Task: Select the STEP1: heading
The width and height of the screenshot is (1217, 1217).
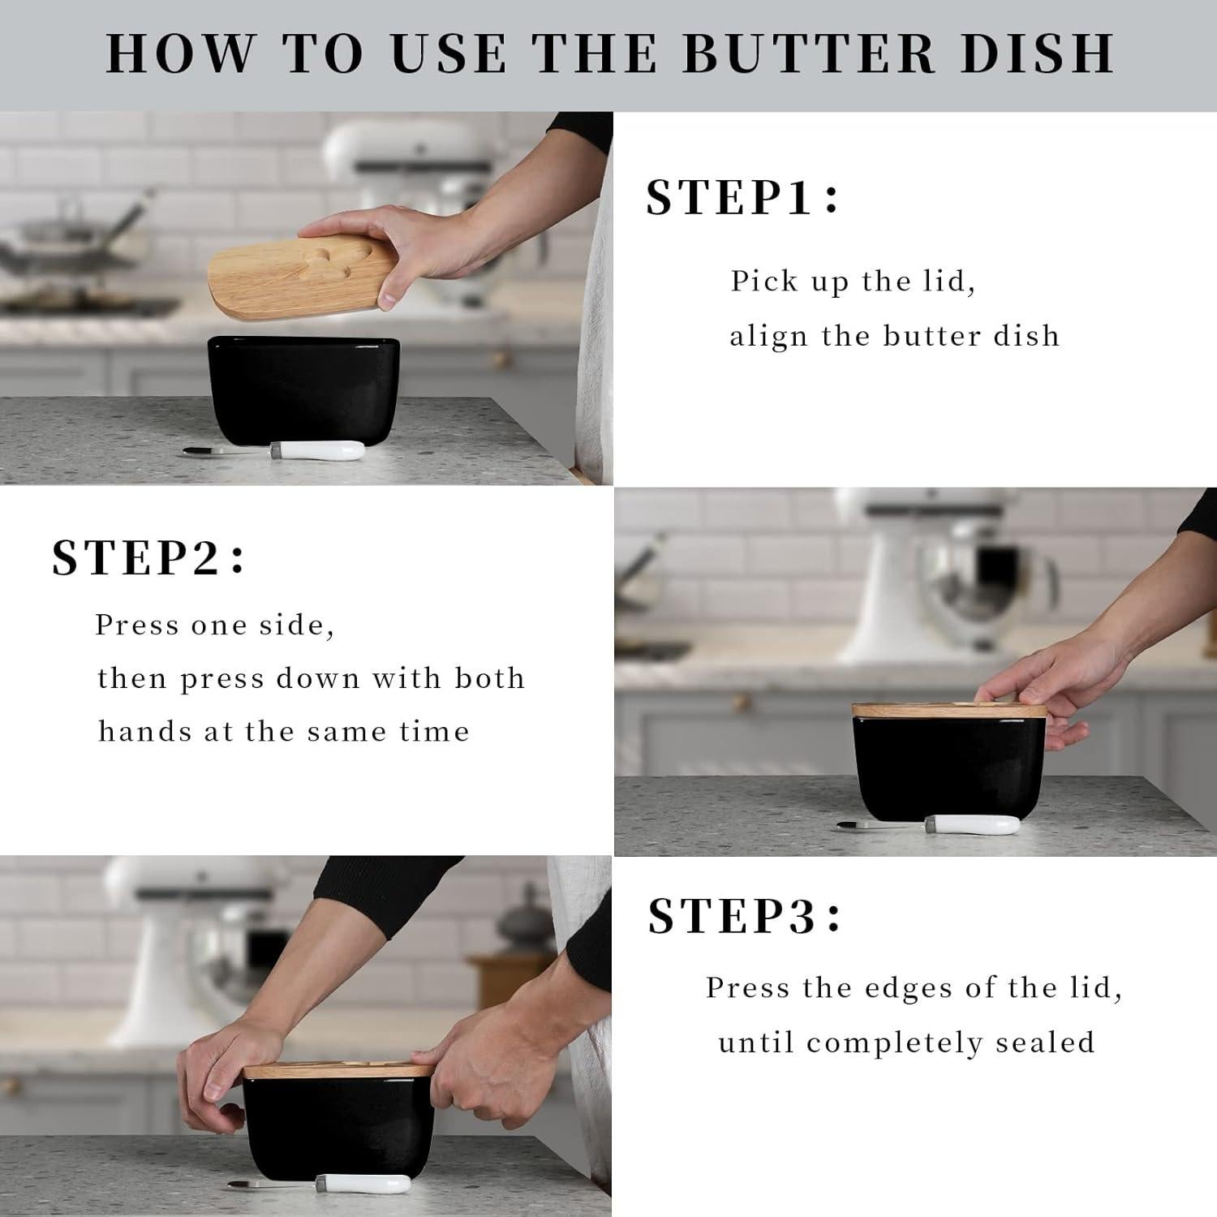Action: tap(742, 197)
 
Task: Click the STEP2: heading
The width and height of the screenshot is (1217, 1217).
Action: tap(148, 557)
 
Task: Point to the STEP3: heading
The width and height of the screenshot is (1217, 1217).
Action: tap(745, 916)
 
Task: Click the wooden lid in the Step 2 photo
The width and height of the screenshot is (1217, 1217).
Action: tap(948, 710)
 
